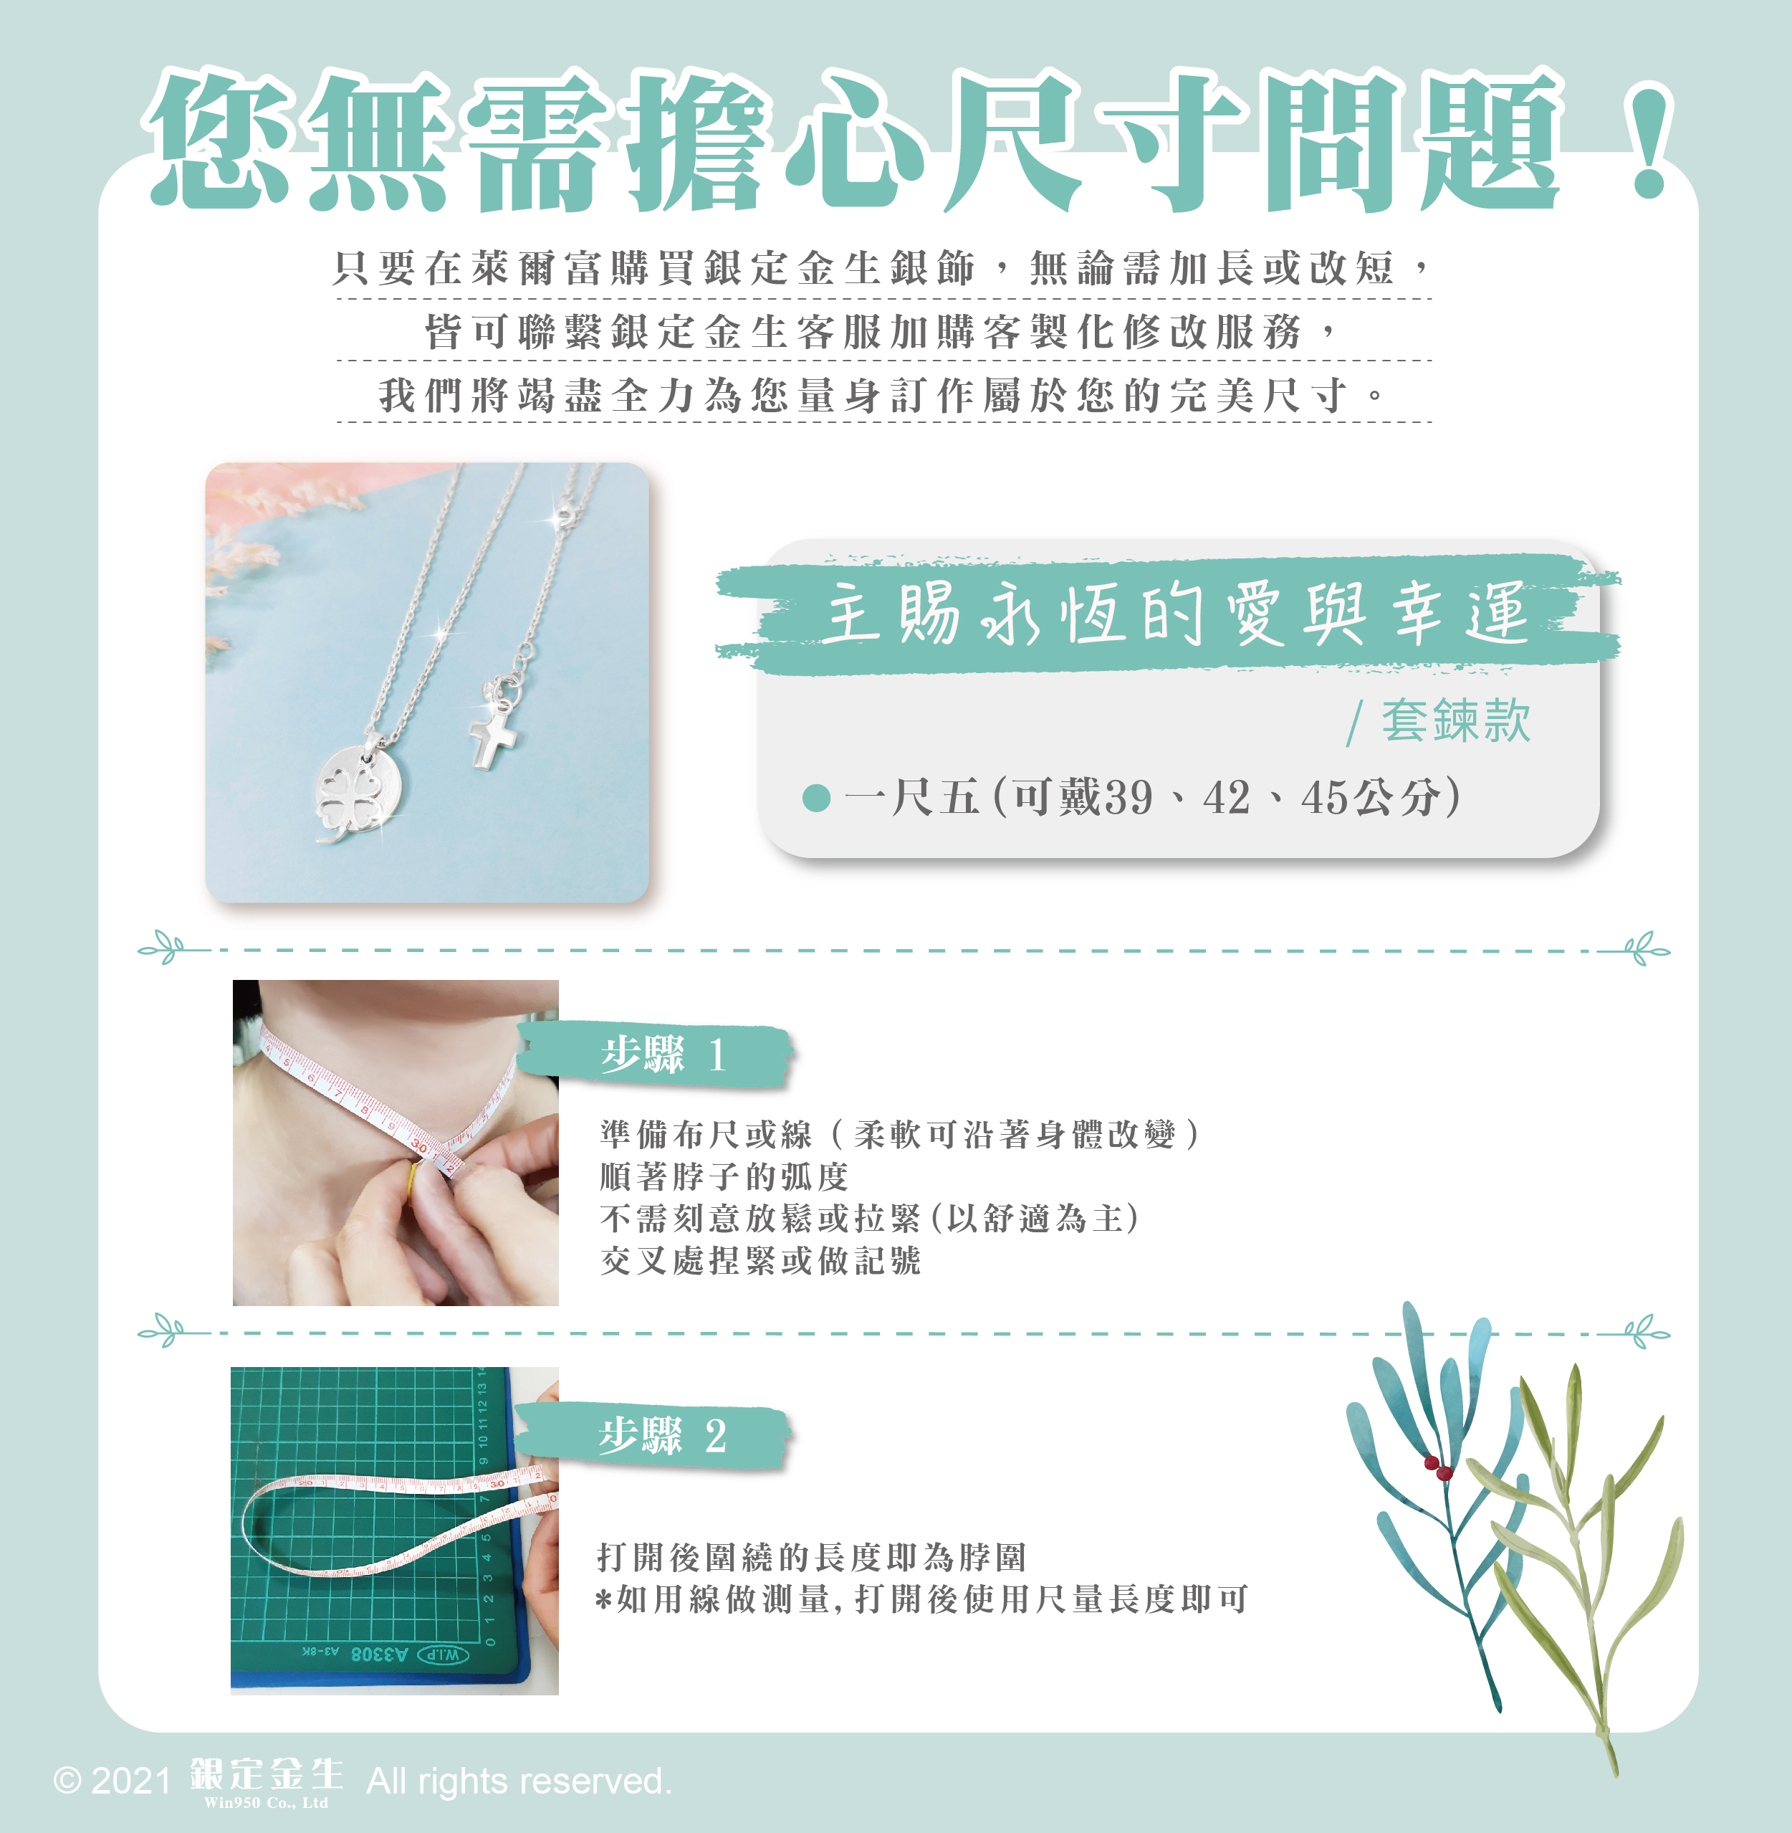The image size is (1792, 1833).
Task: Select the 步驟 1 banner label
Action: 655,1055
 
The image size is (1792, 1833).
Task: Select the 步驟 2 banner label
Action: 653,1436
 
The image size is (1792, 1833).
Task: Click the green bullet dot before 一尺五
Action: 816,799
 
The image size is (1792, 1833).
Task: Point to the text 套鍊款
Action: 1455,721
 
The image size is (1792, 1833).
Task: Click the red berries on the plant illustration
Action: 1438,1467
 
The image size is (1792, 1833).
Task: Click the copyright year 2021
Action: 131,1781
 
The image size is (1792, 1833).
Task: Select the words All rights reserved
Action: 519,1781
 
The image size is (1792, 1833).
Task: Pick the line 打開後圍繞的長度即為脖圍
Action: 811,1557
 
